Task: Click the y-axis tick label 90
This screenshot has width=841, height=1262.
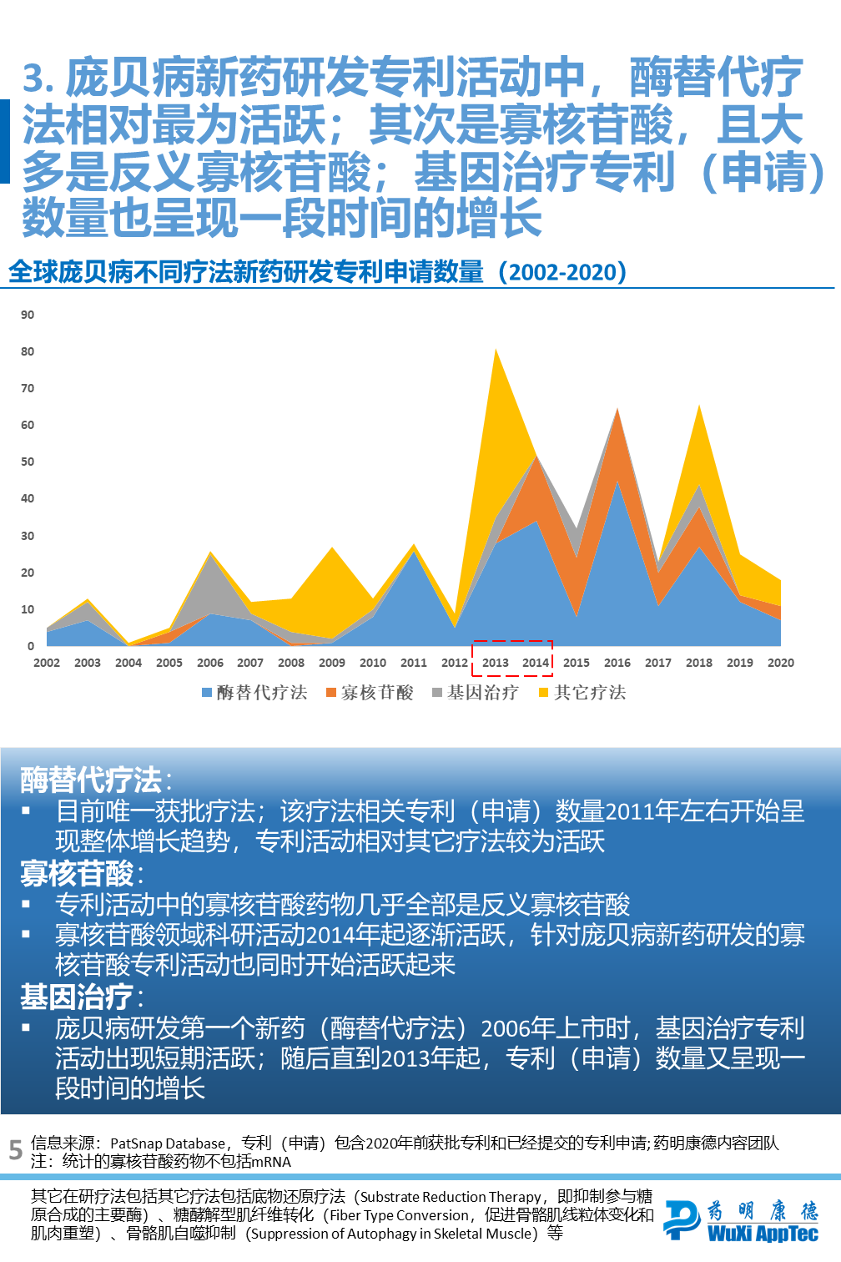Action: pos(28,315)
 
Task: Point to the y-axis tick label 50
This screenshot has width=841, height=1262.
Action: pos(28,462)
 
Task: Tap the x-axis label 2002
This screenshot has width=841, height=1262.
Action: pos(47,663)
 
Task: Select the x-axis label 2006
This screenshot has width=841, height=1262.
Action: pos(210,663)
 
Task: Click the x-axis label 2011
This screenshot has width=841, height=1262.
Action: pos(414,663)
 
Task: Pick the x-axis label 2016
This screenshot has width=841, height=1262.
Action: pos(617,663)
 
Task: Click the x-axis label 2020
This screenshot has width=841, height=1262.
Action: pos(781,663)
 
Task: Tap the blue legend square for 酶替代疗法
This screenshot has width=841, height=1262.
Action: pos(207,693)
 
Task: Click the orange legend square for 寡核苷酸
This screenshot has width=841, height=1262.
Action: pos(331,693)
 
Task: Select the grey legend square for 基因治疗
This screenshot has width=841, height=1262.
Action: pos(437,693)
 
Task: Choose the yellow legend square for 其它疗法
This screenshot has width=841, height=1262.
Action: pos(544,693)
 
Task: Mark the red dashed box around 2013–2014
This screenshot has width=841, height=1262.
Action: pos(512,642)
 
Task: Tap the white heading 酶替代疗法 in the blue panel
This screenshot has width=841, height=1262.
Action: pos(91,780)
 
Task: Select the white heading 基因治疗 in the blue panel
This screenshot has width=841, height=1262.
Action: pos(77,997)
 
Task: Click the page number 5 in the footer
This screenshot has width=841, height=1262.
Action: pos(15,1151)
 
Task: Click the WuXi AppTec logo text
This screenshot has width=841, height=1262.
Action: pos(763,1234)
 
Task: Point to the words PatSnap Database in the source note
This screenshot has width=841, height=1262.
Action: pos(168,1143)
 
